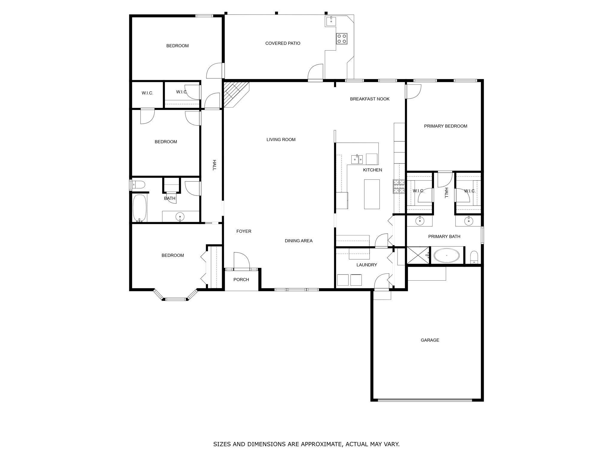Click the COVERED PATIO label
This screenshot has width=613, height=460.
point(283,43)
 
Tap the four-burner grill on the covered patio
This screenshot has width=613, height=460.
point(342,38)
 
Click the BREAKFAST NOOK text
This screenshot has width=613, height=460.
point(370,99)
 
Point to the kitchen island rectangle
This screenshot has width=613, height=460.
point(372,194)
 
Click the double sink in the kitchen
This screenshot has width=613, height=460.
point(357,159)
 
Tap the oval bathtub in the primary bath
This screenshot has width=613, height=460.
point(447,255)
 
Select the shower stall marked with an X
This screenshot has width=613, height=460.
point(418,255)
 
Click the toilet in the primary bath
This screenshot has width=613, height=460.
point(474,257)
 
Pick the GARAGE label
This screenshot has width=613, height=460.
point(430,340)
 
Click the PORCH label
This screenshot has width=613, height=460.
point(241,280)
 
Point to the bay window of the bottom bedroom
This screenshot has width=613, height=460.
point(175,298)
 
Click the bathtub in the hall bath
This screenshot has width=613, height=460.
point(140,208)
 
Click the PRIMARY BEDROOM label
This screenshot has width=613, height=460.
point(445,126)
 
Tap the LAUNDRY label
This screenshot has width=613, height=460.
point(367,265)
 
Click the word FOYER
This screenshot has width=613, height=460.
point(244,231)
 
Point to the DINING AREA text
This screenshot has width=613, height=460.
point(298,241)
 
